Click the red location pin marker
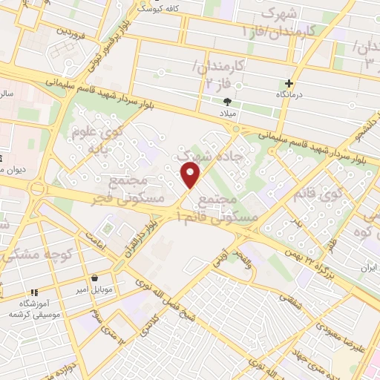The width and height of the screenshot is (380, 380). pyautogui.click(x=191, y=175)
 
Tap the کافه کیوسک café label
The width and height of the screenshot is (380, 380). pyautogui.click(x=157, y=7)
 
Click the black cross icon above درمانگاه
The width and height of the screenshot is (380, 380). pyautogui.click(x=289, y=84)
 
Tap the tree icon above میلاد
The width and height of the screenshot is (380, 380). pyautogui.click(x=228, y=102)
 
